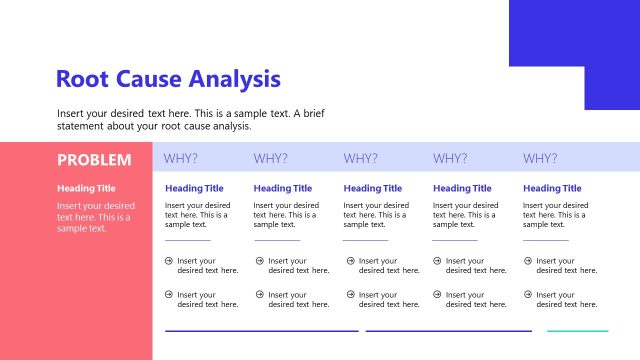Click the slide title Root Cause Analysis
tap(168, 79)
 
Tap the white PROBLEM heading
tap(94, 159)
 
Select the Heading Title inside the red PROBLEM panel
tap(86, 188)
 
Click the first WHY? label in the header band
tap(181, 158)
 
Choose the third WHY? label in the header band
tap(360, 158)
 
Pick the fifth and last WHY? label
tap(540, 158)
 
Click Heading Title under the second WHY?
tap(283, 188)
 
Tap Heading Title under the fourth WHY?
tap(462, 188)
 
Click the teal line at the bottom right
tap(577, 330)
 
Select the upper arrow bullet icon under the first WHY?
tap(169, 261)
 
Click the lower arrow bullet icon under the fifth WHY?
tap(527, 294)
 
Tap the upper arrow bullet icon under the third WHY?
tap(349, 261)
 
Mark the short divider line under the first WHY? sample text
tap(188, 240)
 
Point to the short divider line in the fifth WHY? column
tap(545, 240)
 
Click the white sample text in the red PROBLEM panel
tap(95, 217)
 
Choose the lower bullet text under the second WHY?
tap(298, 299)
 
